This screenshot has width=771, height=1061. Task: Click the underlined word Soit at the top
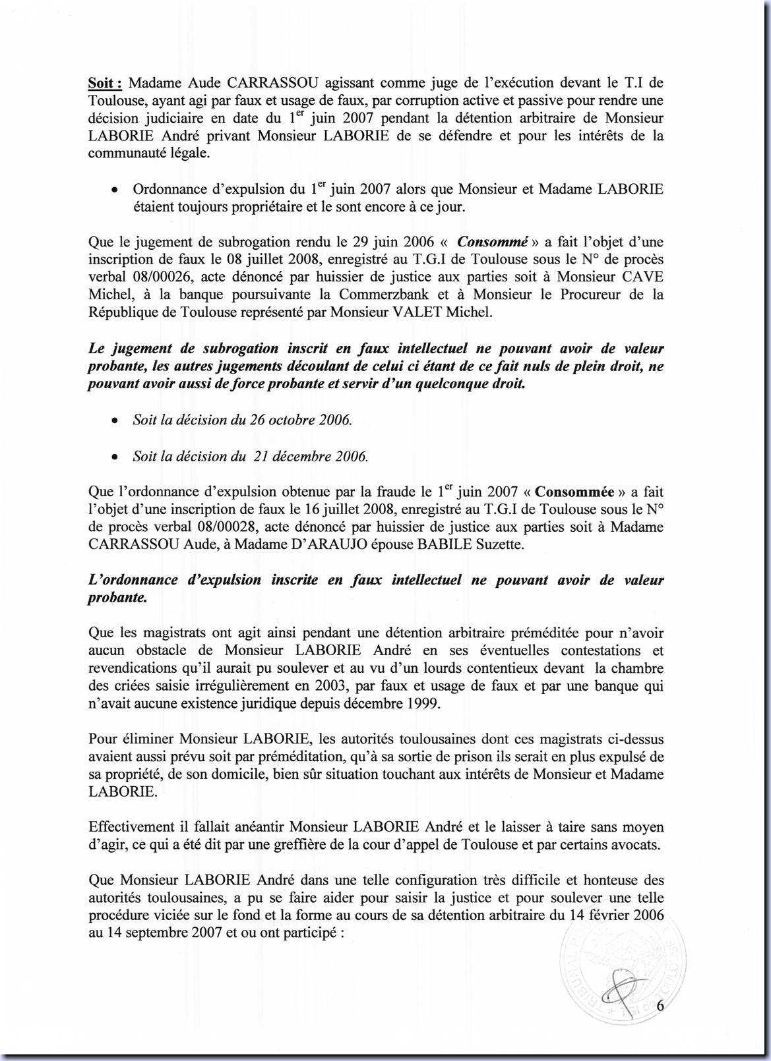click(x=104, y=83)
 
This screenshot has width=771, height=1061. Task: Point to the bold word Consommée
click(x=574, y=492)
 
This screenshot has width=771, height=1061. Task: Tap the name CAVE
click(x=643, y=277)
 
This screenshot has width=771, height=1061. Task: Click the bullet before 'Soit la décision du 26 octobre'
click(x=115, y=421)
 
